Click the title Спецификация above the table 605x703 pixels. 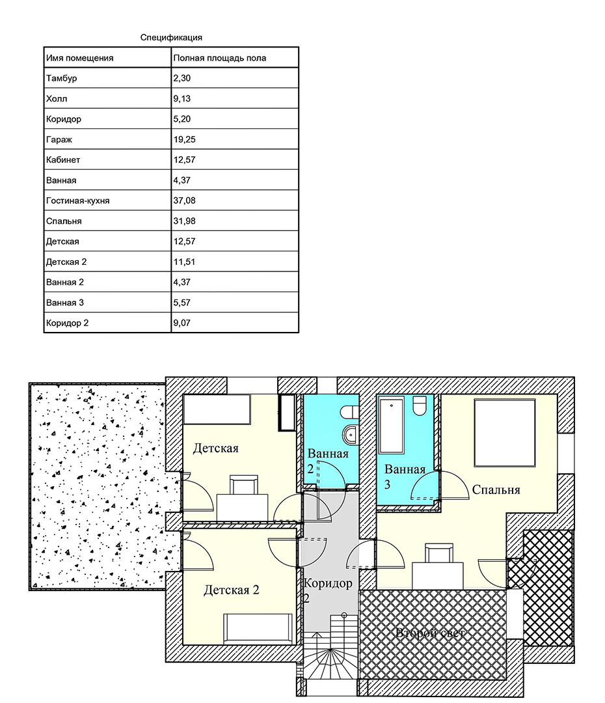click(171, 38)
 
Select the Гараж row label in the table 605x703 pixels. click(59, 139)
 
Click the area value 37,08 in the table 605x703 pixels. click(185, 200)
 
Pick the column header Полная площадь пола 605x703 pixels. click(220, 58)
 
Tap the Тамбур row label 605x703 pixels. click(61, 78)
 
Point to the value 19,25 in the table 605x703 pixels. click(185, 139)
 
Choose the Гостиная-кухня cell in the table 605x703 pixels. click(77, 200)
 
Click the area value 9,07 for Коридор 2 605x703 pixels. click(182, 323)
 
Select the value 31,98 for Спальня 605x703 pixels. click(185, 221)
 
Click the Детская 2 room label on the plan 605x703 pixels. click(231, 590)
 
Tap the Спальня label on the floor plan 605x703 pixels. click(496, 490)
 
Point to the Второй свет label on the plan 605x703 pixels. click(430, 633)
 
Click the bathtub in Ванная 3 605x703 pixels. click(392, 426)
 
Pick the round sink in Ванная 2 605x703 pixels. click(349, 434)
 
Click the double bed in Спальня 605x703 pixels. click(505, 433)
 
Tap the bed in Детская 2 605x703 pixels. click(258, 629)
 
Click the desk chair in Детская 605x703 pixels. click(244, 485)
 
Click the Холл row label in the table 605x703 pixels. click(57, 99)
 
